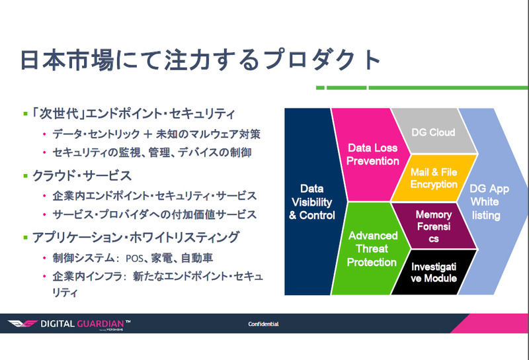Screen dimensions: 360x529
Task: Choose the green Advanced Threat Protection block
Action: [373, 249]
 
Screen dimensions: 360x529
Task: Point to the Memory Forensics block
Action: [434, 225]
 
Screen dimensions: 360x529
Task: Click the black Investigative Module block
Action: [434, 272]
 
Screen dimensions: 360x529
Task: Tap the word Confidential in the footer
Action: [263, 324]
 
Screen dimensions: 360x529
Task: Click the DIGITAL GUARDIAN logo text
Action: [90, 324]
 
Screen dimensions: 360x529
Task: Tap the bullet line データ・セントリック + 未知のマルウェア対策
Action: [156, 134]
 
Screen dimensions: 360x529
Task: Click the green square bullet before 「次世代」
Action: [25, 114]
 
